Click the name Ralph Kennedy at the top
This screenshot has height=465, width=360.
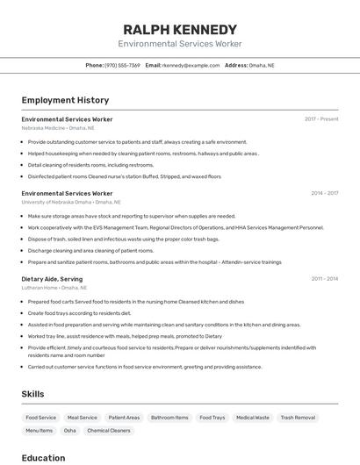click(x=180, y=29)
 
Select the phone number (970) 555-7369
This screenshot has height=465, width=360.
click(x=122, y=65)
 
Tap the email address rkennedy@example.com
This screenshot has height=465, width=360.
click(x=191, y=65)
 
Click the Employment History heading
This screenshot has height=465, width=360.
click(x=65, y=100)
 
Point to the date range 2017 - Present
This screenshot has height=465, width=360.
click(x=321, y=118)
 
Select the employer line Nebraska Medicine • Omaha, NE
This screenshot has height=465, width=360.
click(x=58, y=127)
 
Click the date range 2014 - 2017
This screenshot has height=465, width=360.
click(x=324, y=193)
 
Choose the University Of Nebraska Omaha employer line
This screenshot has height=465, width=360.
click(x=71, y=202)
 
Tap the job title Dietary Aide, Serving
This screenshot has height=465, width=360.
click(x=52, y=279)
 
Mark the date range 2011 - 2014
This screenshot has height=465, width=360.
click(x=324, y=279)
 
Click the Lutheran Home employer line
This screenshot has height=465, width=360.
click(x=54, y=288)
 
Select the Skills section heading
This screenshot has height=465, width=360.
click(x=32, y=394)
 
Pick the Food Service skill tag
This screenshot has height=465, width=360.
click(x=40, y=418)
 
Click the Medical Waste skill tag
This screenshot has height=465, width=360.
click(x=252, y=418)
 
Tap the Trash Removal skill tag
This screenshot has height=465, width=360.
click(x=298, y=418)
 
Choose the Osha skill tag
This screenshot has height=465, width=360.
click(x=69, y=431)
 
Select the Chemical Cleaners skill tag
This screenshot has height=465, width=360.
click(x=109, y=431)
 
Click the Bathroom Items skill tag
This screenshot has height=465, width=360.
click(x=169, y=418)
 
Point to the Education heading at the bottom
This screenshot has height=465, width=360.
click(x=43, y=458)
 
